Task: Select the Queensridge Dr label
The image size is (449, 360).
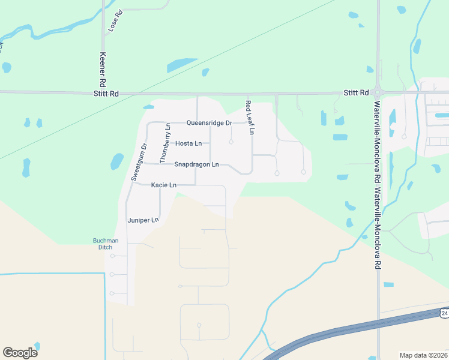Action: pos(209,123)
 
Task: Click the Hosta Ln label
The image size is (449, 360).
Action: pos(188,143)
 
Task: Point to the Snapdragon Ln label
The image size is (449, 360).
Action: pos(196,164)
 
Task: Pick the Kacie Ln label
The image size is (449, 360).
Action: pos(163,185)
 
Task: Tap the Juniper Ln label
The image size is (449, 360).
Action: pos(142,220)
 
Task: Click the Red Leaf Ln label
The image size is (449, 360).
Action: pos(250,117)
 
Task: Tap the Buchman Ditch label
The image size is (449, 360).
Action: pos(106,244)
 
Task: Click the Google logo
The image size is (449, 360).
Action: pos(20,352)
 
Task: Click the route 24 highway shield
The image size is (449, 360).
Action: pos(444,313)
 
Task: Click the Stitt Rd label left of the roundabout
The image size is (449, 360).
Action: pos(355,93)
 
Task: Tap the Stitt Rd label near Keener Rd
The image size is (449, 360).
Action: pos(106,93)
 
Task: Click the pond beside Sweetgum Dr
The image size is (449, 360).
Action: pos(117,161)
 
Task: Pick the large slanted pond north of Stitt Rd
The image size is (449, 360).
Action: pos(182,64)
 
